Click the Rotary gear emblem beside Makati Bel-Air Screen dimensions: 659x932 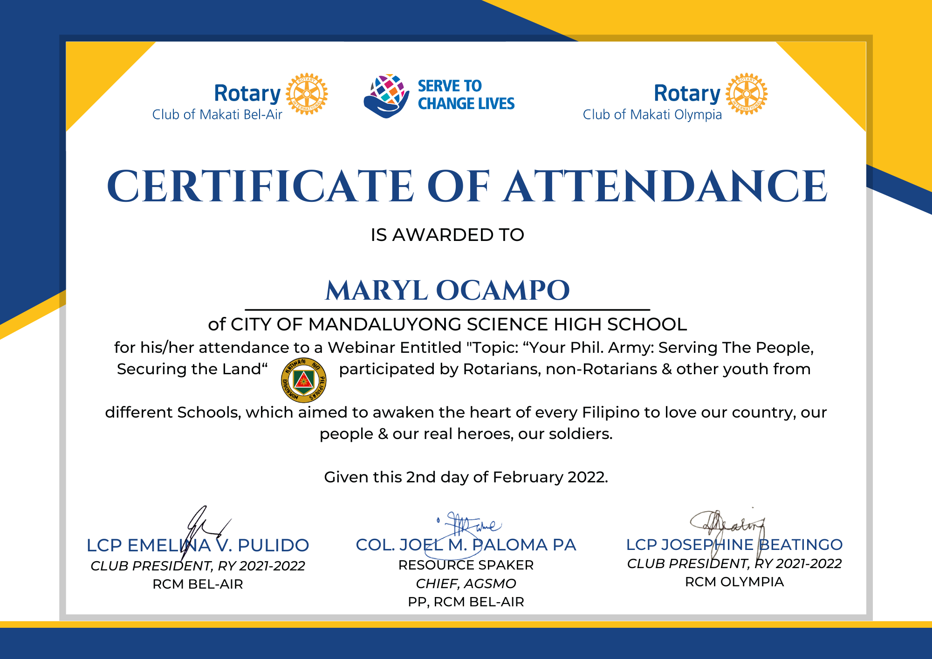click(307, 94)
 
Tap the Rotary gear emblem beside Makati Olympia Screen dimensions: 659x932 click(747, 94)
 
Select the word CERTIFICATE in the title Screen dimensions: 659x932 click(260, 186)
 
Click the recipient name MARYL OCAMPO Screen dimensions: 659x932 click(447, 290)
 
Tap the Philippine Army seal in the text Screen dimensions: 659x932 click(303, 380)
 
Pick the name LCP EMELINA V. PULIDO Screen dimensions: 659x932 click(198, 545)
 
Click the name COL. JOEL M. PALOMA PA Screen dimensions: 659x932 click(466, 545)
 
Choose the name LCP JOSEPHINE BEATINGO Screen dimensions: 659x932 click(734, 544)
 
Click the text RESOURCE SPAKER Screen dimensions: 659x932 click(466, 565)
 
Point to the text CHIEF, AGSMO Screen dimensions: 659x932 click(466, 583)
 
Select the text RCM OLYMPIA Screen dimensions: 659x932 click(734, 582)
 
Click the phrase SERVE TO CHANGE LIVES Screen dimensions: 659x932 click(466, 95)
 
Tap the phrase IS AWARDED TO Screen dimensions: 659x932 click(447, 235)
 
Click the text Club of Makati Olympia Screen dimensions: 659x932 click(652, 115)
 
